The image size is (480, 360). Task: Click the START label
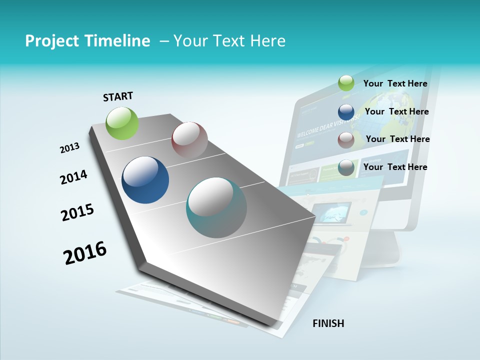pyautogui.click(x=118, y=96)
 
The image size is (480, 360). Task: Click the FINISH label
pyautogui.click(x=328, y=323)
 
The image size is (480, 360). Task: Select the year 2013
pyautogui.click(x=69, y=148)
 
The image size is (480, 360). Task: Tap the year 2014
pyautogui.click(x=73, y=177)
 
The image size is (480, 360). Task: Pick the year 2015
pyautogui.click(x=77, y=212)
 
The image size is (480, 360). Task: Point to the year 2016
pyautogui.click(x=85, y=253)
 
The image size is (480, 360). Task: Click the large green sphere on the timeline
pyautogui.click(x=122, y=123)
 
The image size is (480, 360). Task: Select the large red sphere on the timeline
pyautogui.click(x=189, y=139)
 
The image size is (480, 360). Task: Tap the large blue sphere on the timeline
pyautogui.click(x=145, y=180)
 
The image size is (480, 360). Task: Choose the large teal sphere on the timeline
pyautogui.click(x=216, y=207)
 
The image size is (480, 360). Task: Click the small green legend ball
pyautogui.click(x=346, y=83)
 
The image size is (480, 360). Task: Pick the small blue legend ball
pyautogui.click(x=346, y=111)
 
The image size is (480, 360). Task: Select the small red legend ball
pyautogui.click(x=346, y=140)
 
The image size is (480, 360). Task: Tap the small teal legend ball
pyautogui.click(x=346, y=168)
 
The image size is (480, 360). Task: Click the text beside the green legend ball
pyautogui.click(x=395, y=83)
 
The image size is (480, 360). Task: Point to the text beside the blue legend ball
pyautogui.click(x=396, y=111)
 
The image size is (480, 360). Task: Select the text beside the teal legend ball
pyautogui.click(x=395, y=167)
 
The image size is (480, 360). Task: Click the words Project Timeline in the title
pyautogui.click(x=87, y=41)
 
